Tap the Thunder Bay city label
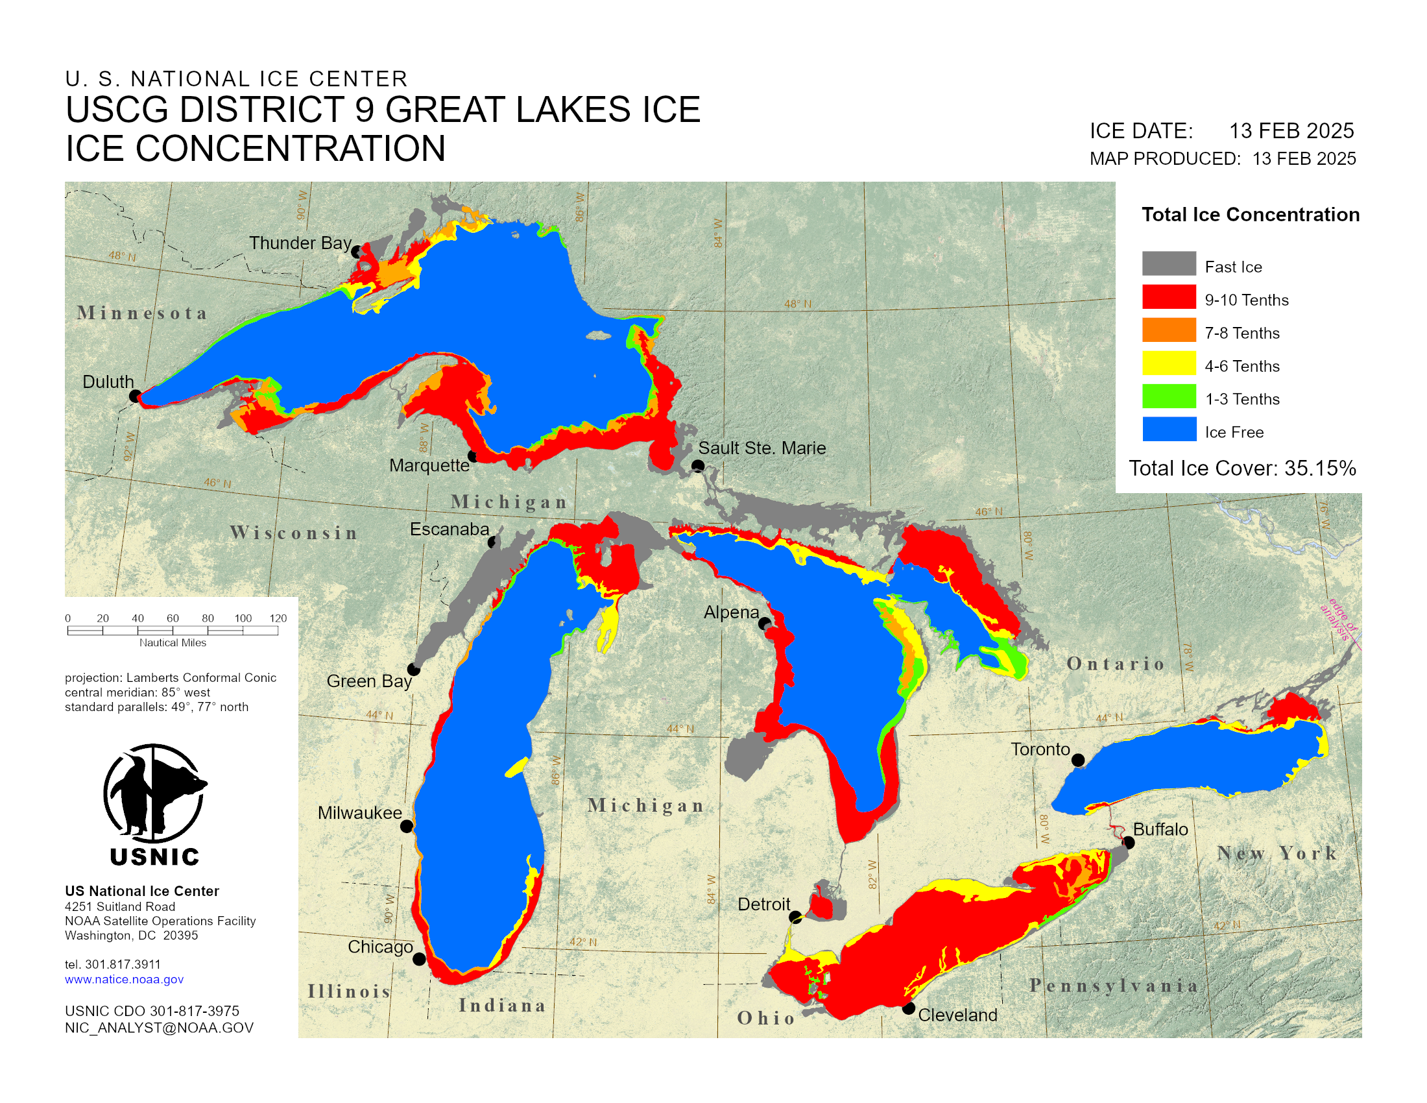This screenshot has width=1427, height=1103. [300, 243]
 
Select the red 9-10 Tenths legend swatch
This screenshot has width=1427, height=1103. [1169, 297]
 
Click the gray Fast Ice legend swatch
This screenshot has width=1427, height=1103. [1169, 263]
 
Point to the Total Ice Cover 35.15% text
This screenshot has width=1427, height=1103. [1242, 468]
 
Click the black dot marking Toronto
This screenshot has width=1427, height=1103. [1078, 760]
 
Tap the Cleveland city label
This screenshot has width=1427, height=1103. [957, 1015]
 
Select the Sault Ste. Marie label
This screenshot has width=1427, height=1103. [762, 448]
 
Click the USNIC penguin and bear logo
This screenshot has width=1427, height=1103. [155, 795]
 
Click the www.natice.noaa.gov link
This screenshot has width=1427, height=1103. [124, 980]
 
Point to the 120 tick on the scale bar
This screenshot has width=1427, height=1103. [278, 619]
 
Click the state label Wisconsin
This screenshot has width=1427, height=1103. [293, 533]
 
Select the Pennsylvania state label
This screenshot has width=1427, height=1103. [1113, 986]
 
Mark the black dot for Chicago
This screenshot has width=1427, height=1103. [420, 959]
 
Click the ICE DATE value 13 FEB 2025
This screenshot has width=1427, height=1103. [1291, 131]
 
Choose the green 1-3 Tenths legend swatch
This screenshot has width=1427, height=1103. [1169, 396]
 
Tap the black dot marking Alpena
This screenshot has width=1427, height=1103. [764, 624]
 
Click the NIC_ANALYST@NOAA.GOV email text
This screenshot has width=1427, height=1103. [159, 1028]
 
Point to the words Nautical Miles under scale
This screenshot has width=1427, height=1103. [173, 643]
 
